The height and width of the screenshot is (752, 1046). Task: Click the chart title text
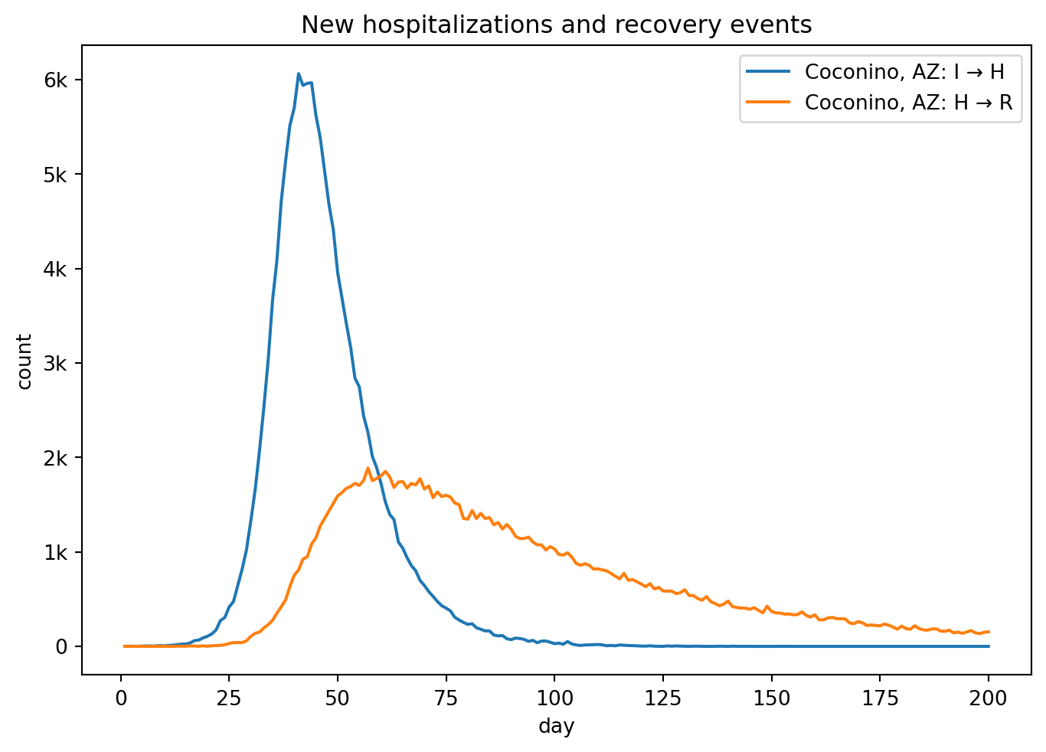tap(556, 25)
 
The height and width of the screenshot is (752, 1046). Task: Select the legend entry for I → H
tap(904, 72)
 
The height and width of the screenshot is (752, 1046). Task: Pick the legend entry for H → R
tap(908, 103)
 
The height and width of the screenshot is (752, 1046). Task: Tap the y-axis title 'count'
tap(25, 361)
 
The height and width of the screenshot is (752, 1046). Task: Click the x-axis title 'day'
tap(556, 726)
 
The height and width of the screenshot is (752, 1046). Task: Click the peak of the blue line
tap(298, 74)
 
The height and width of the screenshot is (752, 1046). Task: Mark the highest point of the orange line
tap(368, 468)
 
